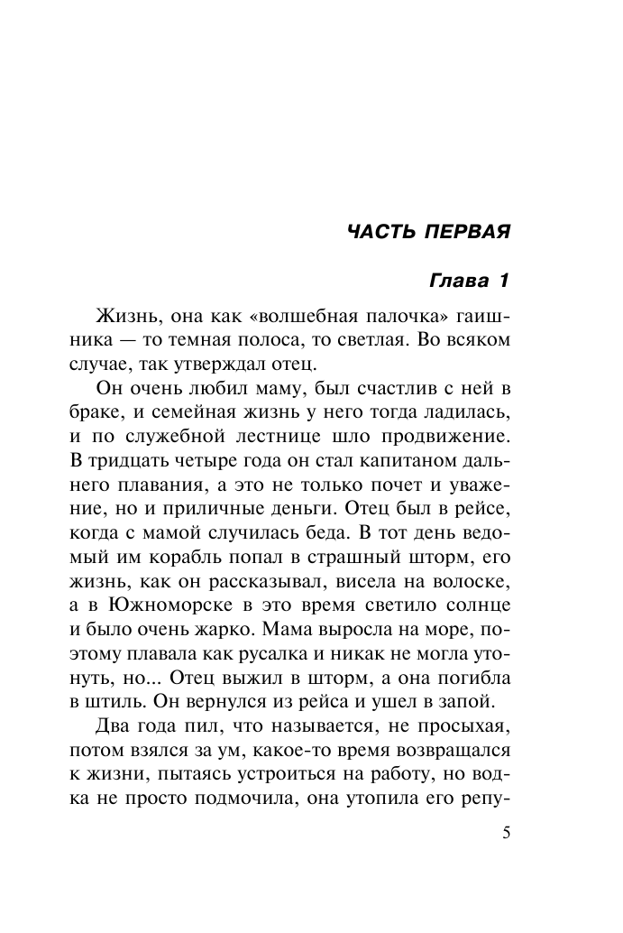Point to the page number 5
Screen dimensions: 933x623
pos(507,834)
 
